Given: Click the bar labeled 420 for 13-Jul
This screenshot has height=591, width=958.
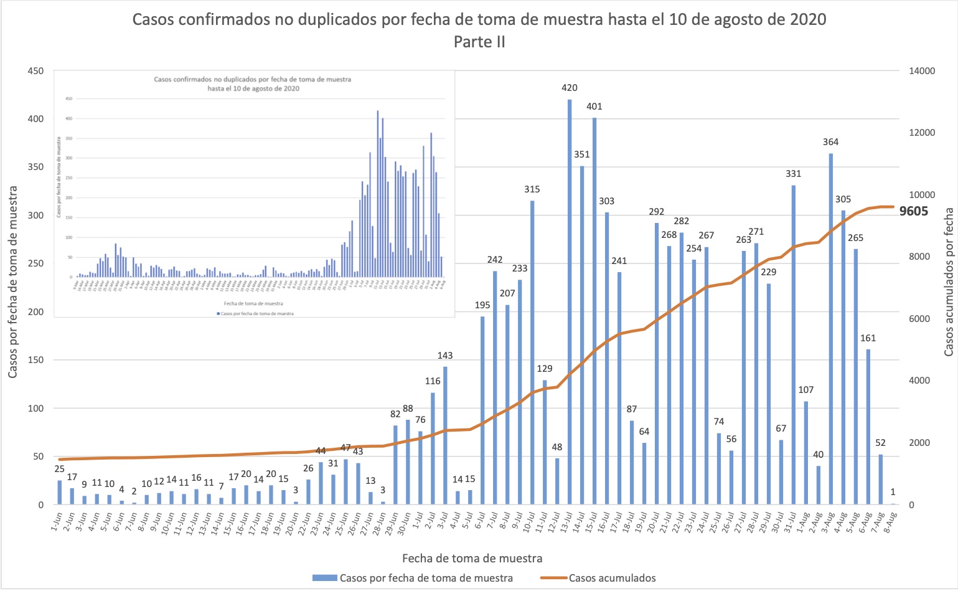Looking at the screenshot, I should [570, 302].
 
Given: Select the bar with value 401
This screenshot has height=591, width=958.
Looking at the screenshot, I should [594, 311].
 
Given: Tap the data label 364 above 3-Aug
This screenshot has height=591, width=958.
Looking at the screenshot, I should [830, 142].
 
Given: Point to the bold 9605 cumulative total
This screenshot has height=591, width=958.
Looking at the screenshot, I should [914, 211].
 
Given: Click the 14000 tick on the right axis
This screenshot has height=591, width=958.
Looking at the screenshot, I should [922, 71].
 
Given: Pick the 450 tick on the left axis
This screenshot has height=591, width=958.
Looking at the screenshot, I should [35, 71].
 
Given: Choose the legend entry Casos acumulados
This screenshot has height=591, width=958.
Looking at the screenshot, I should [612, 578].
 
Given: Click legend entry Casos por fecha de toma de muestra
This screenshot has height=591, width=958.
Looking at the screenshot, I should [426, 578].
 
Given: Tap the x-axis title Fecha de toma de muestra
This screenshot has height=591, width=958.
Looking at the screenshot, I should [472, 558].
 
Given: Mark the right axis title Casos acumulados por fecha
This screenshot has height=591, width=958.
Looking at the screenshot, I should [949, 282].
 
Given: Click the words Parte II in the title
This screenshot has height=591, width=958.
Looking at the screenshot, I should [479, 42].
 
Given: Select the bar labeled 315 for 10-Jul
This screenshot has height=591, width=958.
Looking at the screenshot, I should [532, 352].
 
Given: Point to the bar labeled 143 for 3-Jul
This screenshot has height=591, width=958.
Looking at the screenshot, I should [445, 436].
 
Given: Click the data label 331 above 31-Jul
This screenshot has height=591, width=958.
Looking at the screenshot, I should [793, 174].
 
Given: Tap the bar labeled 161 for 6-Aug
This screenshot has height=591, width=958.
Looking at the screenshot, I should [868, 427].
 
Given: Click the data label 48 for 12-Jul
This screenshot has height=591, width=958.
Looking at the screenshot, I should [557, 447].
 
